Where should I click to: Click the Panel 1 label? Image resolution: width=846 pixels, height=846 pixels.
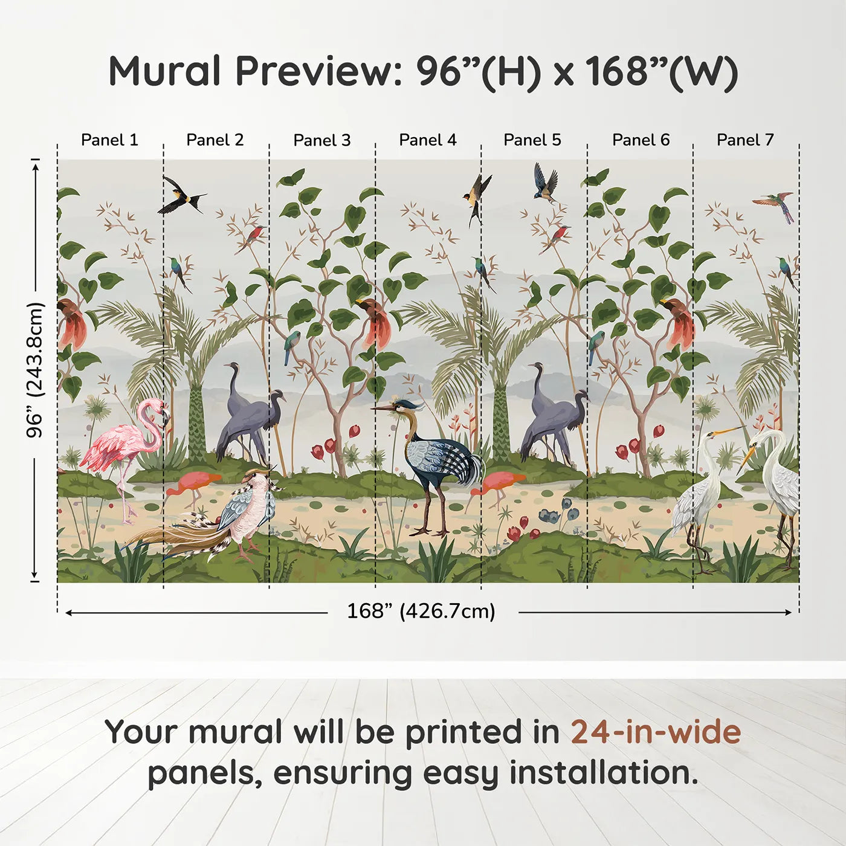click(109, 140)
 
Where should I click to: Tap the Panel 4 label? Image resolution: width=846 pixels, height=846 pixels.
click(427, 140)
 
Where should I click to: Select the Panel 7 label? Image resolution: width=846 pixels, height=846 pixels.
click(744, 140)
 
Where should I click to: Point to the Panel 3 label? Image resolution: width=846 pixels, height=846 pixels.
click(321, 140)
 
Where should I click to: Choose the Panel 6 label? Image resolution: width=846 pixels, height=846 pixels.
click(641, 140)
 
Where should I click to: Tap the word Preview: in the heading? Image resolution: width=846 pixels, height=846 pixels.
click(314, 71)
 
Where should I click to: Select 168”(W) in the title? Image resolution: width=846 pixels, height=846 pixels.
click(661, 71)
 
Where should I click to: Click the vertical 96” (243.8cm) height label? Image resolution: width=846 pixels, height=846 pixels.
click(35, 370)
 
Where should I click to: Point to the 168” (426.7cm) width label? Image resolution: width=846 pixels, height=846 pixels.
click(421, 611)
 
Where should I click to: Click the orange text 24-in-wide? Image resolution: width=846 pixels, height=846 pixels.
click(656, 732)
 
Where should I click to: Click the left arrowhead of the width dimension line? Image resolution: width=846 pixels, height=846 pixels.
click(69, 613)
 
